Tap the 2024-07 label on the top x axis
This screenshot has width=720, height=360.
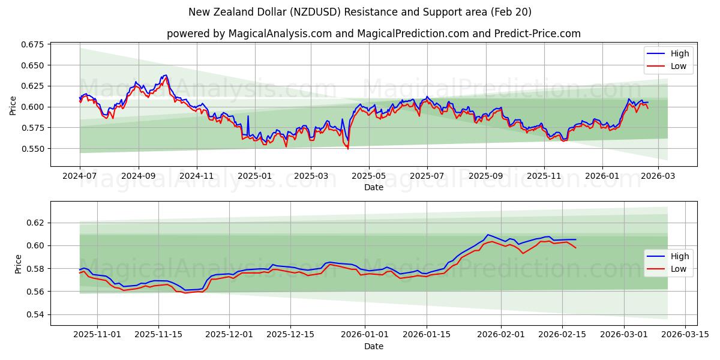point(80,176)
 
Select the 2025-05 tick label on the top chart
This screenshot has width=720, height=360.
point(369,176)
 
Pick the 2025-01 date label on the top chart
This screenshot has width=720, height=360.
point(255,176)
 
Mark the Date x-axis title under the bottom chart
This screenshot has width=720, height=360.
point(374,346)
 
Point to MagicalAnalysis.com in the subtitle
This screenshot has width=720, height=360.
point(280,34)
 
